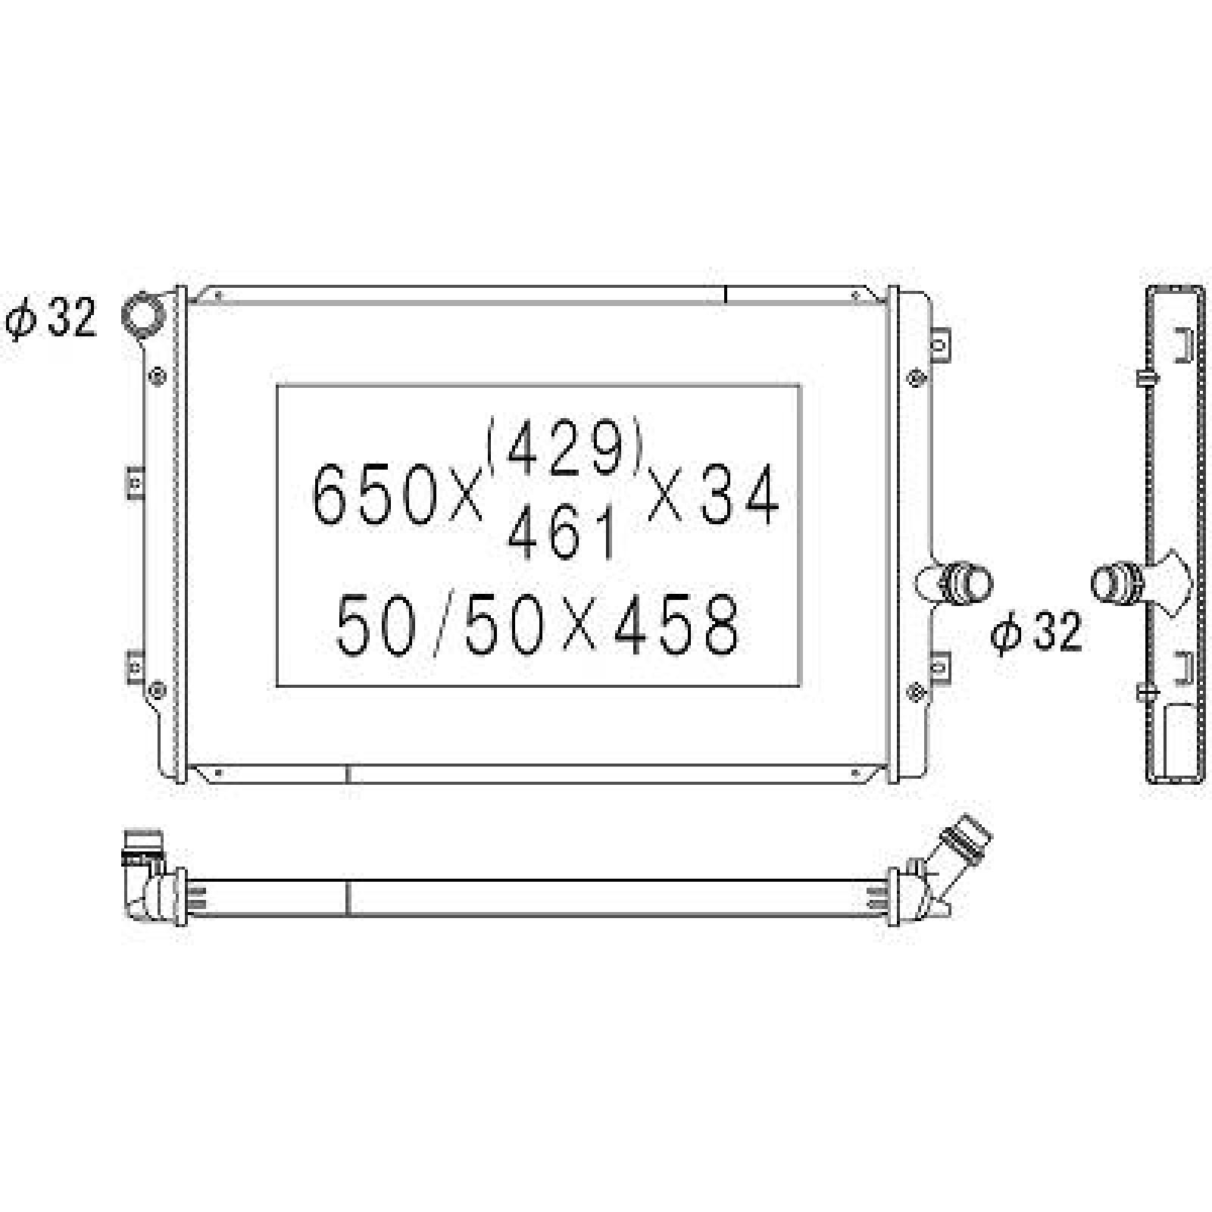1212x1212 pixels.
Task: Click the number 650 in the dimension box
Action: pyautogui.click(x=374, y=495)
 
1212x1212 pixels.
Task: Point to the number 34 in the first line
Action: pyautogui.click(x=739, y=495)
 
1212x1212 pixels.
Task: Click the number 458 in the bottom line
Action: pyautogui.click(x=676, y=626)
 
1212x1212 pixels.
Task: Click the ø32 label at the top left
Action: pyautogui.click(x=51, y=319)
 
